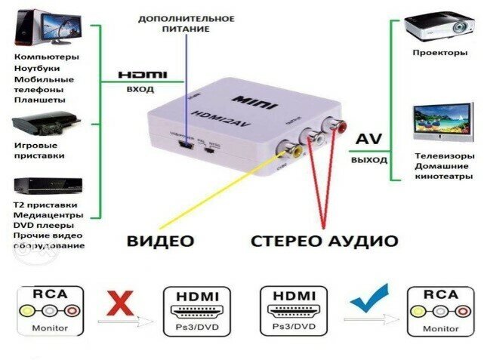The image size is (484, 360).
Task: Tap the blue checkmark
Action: click(x=370, y=300)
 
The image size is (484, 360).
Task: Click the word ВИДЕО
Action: click(x=160, y=242)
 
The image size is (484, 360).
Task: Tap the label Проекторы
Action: click(x=436, y=53)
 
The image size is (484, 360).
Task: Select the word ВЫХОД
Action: click(x=369, y=161)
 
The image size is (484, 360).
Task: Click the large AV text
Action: click(x=369, y=140)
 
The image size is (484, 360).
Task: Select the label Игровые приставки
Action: click(x=39, y=150)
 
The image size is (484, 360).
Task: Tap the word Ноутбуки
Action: click(x=37, y=68)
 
